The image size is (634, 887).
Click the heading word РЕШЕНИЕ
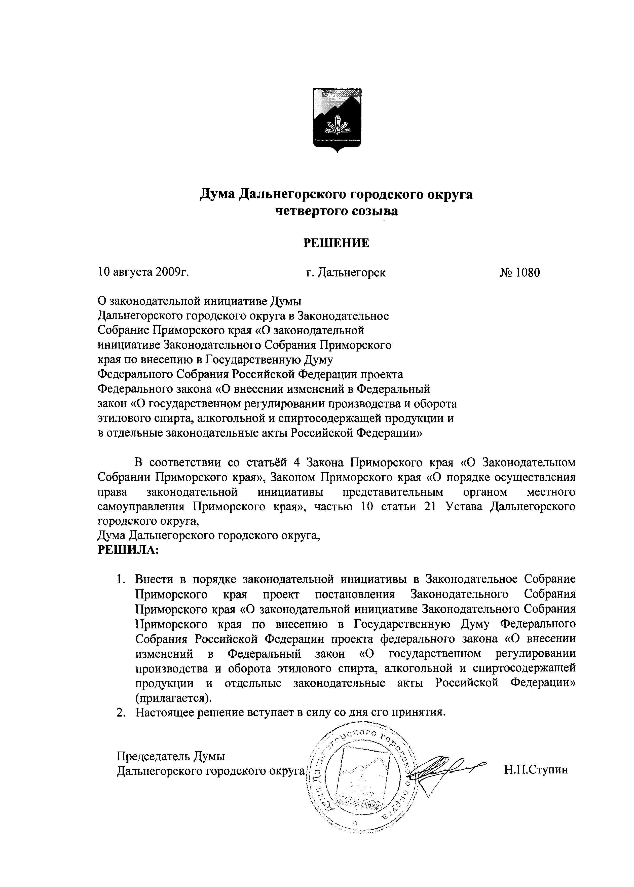337,243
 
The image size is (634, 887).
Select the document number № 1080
520,272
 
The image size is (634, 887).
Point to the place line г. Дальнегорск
346,272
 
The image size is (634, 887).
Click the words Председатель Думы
171,756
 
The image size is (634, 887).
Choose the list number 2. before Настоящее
121,712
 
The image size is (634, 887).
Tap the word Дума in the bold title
217,194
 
